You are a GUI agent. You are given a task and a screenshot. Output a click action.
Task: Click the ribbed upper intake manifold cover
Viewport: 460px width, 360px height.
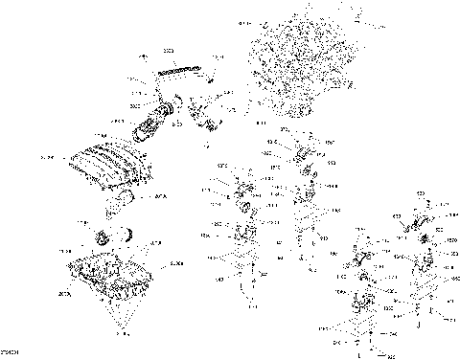pos(104,169)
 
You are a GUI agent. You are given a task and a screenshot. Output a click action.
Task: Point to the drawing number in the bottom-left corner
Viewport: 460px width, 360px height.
pos(11,351)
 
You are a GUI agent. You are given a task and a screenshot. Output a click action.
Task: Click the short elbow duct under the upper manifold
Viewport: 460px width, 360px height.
pos(124,202)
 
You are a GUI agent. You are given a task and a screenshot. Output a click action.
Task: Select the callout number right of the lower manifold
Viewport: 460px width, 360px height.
pos(175,260)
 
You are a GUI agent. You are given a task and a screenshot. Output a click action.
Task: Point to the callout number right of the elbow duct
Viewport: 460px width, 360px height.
pos(159,198)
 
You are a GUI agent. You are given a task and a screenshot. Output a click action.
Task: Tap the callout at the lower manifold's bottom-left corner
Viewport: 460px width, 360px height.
pos(63,295)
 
